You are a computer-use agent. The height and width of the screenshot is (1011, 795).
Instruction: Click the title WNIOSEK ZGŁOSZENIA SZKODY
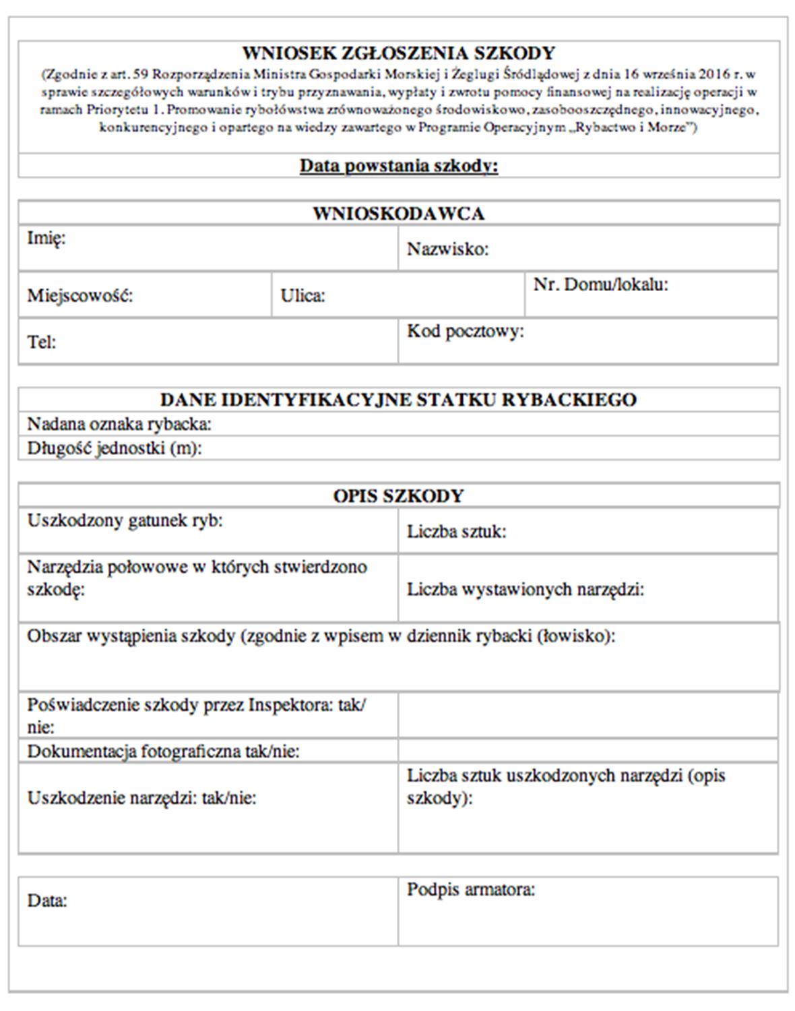(x=398, y=53)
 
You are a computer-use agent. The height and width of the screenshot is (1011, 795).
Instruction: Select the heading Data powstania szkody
(x=398, y=166)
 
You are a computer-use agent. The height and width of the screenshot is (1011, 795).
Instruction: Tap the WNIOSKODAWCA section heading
(x=398, y=214)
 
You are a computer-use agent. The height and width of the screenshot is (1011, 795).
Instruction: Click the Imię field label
(x=46, y=238)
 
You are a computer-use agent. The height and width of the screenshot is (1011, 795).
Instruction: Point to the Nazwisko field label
(x=447, y=249)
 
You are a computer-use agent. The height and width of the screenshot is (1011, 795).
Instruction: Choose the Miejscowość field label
(x=79, y=295)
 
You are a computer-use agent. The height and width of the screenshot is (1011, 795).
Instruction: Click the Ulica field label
(x=303, y=295)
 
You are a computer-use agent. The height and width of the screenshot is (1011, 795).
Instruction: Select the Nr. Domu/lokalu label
(x=600, y=284)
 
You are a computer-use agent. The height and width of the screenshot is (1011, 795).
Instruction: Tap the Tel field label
(x=41, y=342)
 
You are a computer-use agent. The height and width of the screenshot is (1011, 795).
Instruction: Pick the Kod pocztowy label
(x=465, y=331)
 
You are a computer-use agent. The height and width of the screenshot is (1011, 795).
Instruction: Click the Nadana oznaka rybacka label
(x=119, y=424)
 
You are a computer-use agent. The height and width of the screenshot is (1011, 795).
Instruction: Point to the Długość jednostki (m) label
(x=114, y=448)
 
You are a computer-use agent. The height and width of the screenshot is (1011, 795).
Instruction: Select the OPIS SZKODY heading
(x=398, y=496)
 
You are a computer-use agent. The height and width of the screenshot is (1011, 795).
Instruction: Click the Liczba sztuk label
(x=456, y=532)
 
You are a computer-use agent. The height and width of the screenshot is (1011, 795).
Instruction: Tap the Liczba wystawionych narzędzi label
(x=525, y=590)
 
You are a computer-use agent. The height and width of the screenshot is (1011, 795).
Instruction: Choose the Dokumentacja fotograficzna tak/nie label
(x=163, y=751)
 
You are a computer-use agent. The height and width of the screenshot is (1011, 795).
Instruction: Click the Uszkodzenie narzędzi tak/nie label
(x=141, y=798)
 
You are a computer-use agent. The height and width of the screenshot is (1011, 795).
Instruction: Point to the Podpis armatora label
(x=470, y=890)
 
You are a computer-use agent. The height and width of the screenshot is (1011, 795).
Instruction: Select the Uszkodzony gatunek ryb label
(x=125, y=520)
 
